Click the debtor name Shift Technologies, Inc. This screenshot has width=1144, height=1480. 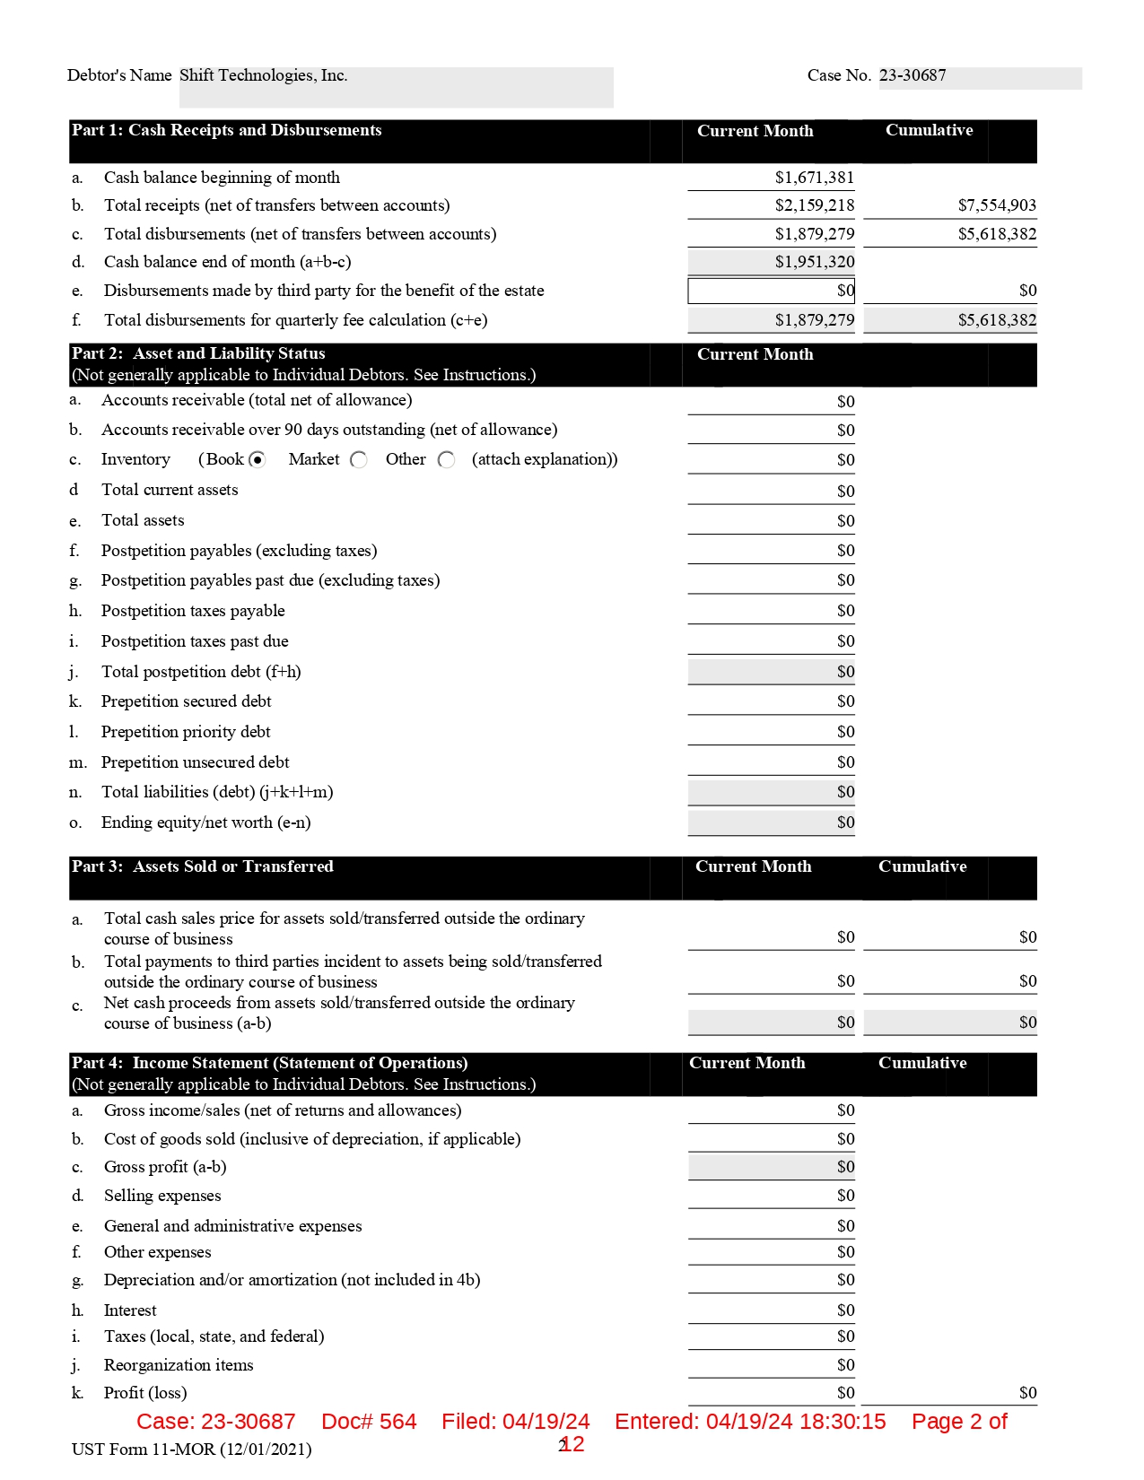pos(263,76)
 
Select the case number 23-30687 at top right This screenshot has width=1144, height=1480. pos(913,76)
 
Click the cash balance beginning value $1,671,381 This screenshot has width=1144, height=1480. pos(814,178)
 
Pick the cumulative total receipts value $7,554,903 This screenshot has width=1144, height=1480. pos(996,205)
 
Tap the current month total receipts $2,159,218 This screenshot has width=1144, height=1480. pos(814,205)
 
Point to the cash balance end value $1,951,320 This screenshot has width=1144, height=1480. pos(814,262)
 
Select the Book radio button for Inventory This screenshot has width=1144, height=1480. pos(258,460)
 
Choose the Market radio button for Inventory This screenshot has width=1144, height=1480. pos(359,460)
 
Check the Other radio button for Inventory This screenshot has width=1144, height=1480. pos(447,460)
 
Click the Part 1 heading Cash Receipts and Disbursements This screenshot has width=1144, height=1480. pos(227,131)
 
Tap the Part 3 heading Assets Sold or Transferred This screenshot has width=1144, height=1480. pos(203,866)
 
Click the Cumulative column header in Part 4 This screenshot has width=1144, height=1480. pos(922,1063)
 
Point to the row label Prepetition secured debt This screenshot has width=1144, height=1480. pos(186,701)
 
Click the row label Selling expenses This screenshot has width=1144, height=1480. pos(162,1196)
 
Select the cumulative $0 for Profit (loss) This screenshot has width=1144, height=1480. pos(1027,1393)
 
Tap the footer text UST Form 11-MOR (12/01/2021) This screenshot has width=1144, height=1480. pos(191,1450)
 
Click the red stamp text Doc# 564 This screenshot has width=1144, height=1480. pos(369,1422)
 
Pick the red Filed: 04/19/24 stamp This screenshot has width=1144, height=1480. pos(515,1422)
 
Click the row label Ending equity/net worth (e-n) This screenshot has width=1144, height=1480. pos(205,823)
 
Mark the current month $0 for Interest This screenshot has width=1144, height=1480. pos(845,1310)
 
